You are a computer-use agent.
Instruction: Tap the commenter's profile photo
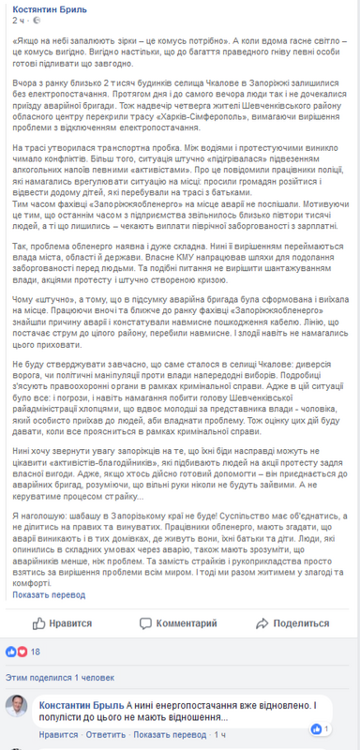point(18,711)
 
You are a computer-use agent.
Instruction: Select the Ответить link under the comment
point(102,734)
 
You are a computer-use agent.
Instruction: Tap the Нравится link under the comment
point(59,734)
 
